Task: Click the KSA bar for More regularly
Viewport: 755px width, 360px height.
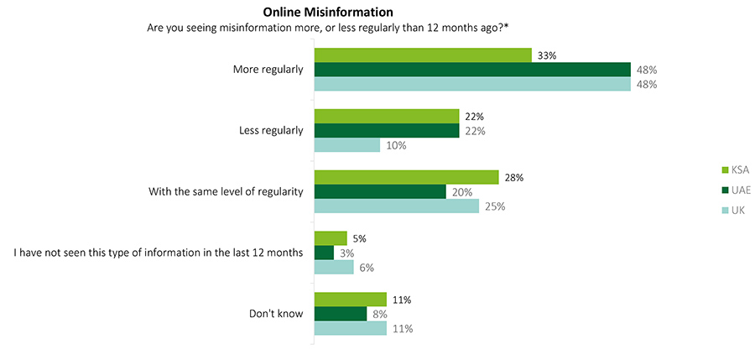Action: pyautogui.click(x=422, y=55)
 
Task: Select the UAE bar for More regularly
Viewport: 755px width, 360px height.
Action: pyautogui.click(x=471, y=70)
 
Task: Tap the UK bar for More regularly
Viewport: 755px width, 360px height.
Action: pyautogui.click(x=471, y=84)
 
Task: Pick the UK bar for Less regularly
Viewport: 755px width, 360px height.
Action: pyautogui.click(x=346, y=145)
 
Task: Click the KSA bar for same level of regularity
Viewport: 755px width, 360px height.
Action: pyautogui.click(x=406, y=177)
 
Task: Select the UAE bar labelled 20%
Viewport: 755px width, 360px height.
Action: pyautogui.click(x=379, y=191)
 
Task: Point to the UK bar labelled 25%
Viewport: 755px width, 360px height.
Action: pyautogui.click(x=396, y=206)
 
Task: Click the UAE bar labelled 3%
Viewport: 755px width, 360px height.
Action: pyautogui.click(x=324, y=253)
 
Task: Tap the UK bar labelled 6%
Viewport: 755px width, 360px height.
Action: pyautogui.click(x=334, y=267)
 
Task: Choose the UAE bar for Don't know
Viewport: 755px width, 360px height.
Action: pyautogui.click(x=340, y=314)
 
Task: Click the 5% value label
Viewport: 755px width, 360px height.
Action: pyautogui.click(x=360, y=238)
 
